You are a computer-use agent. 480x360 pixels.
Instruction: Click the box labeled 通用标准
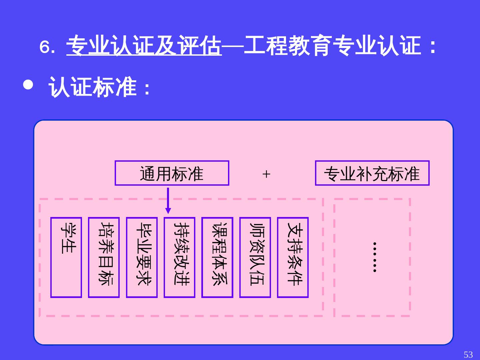172,173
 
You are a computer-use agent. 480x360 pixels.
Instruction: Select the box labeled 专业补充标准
372,173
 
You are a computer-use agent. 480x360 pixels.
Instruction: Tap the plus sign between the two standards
266,174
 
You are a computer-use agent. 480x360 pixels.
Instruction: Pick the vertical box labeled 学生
66,257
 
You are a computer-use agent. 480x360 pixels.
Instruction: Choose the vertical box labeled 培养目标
104,257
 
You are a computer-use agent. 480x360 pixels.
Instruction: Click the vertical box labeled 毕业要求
142,257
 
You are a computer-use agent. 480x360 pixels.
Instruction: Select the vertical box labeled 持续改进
179,257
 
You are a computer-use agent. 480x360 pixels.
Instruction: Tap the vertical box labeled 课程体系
217,257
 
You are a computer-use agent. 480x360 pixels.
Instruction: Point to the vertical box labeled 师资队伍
255,257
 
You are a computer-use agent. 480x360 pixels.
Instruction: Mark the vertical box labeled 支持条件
293,257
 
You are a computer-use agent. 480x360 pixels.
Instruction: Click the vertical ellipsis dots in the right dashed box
375,257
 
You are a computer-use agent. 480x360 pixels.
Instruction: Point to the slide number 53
468,354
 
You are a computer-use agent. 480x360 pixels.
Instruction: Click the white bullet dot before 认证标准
28,85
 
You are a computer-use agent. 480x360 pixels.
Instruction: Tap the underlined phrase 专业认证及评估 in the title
144,46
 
